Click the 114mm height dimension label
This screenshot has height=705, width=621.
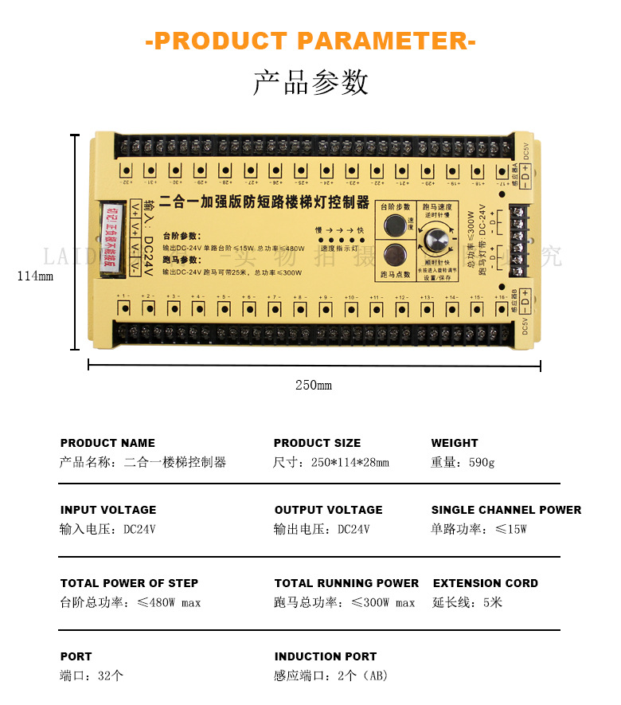click(35, 276)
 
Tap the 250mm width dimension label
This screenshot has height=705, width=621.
click(314, 386)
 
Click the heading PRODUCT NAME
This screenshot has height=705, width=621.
click(107, 443)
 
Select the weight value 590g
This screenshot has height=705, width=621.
click(482, 462)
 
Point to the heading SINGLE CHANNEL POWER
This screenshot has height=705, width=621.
click(506, 510)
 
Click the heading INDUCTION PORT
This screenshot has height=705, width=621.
click(326, 656)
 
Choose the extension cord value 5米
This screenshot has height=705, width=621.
click(492, 602)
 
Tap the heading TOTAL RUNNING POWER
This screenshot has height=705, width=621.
click(346, 583)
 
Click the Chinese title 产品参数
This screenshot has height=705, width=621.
click(310, 83)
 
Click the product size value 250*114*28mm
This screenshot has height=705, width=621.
click(350, 462)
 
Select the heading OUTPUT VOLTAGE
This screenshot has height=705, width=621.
click(328, 510)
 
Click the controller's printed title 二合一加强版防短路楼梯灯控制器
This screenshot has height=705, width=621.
click(265, 202)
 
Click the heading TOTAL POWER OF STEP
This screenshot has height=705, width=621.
click(129, 583)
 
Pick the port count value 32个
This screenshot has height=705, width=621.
click(111, 676)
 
